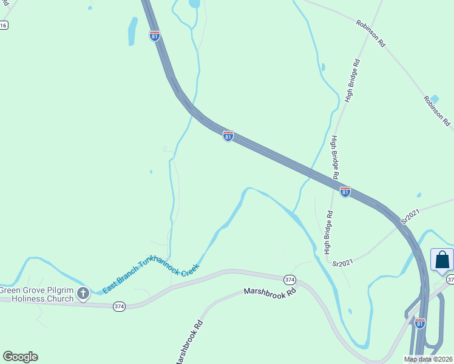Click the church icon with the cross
(x=83, y=294)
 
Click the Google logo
(x=20, y=357)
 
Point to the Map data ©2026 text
(x=428, y=359)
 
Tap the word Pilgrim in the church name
(x=61, y=289)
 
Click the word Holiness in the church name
(x=20, y=298)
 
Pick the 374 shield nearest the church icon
(x=119, y=307)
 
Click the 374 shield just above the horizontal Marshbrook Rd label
(x=290, y=279)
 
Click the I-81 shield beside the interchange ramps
(x=420, y=324)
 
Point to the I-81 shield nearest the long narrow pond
(x=155, y=36)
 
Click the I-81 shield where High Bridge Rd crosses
(x=345, y=192)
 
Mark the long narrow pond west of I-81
(x=132, y=30)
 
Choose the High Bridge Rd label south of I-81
(x=328, y=232)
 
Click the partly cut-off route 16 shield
(x=4, y=25)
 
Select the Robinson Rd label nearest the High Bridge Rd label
(x=371, y=33)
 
